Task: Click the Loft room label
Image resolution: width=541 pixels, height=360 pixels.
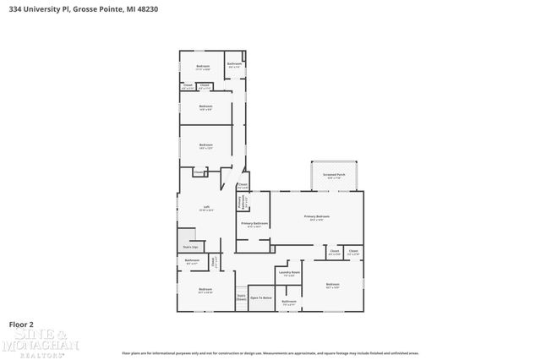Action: (x=205, y=208)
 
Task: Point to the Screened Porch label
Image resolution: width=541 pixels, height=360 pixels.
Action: (x=333, y=175)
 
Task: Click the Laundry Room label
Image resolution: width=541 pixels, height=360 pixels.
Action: (x=290, y=272)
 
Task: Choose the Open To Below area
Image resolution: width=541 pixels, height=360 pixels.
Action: (x=261, y=297)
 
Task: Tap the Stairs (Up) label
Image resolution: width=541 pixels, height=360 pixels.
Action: (x=190, y=247)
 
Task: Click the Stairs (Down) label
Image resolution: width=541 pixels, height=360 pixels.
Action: (x=241, y=297)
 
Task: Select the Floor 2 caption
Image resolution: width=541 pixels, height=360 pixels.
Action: (x=21, y=324)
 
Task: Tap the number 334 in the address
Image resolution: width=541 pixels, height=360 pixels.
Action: (x=15, y=8)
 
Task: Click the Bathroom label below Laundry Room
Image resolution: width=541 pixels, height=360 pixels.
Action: (x=289, y=302)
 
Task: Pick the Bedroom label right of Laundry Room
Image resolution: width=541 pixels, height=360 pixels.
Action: (x=332, y=285)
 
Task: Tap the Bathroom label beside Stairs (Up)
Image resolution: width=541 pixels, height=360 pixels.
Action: (x=192, y=261)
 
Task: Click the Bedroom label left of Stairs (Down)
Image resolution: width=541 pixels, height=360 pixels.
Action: (x=205, y=290)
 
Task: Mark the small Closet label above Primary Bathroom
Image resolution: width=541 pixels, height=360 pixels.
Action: (x=242, y=186)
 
